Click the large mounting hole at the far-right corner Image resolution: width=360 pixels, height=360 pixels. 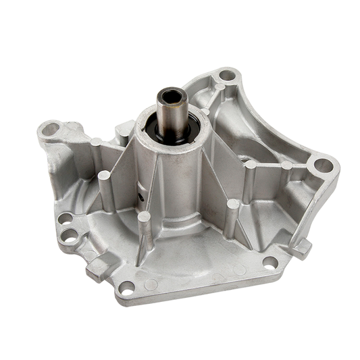click(323, 165)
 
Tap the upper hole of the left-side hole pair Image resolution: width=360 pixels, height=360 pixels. click(66, 219)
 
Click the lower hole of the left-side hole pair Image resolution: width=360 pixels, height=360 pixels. click(70, 236)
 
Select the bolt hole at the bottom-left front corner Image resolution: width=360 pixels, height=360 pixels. click(124, 288)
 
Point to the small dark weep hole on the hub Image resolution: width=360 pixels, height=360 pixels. click(142, 197)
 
